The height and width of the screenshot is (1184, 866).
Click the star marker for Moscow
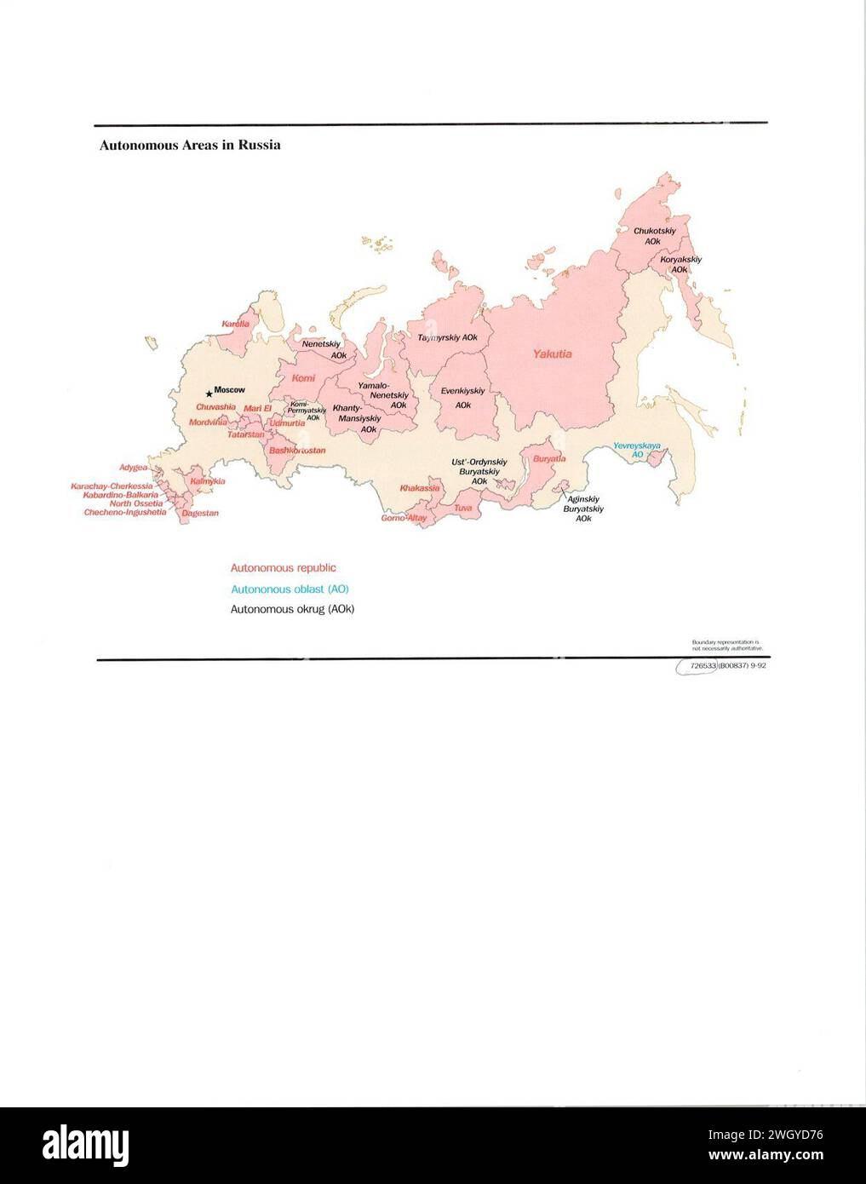209,394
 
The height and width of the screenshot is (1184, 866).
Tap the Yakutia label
552,353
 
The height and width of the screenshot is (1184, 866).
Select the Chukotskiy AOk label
654,236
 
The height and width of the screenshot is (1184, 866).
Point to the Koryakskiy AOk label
680,264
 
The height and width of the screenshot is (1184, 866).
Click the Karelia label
235,324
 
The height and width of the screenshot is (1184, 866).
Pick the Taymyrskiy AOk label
447,337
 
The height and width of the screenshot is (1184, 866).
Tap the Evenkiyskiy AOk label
462,398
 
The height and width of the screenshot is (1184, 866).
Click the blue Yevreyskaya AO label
637,450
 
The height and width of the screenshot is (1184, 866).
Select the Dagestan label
200,513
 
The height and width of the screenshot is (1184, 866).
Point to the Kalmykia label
207,481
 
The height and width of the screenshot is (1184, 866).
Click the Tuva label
462,509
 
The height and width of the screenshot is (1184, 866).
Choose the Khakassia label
420,488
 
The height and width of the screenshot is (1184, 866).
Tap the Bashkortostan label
297,450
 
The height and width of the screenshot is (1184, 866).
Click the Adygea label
133,467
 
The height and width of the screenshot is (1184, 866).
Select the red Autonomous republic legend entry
283,567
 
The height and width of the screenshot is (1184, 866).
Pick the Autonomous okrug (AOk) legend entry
292,609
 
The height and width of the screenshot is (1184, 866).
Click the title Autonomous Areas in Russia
190,145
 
